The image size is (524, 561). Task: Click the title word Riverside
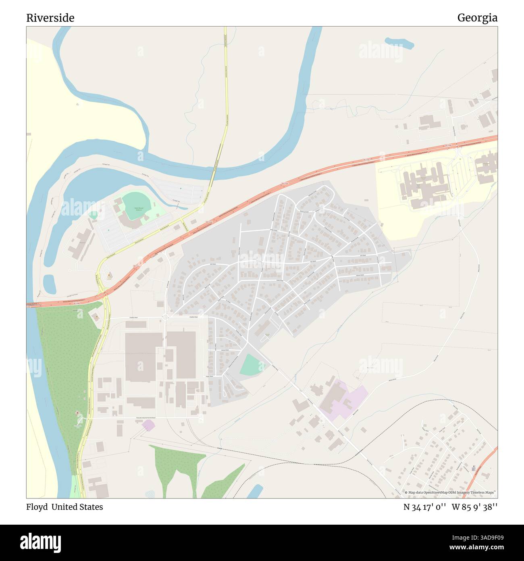pos(50,18)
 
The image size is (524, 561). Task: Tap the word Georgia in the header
pos(477,18)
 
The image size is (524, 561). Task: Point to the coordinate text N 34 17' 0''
pos(424,507)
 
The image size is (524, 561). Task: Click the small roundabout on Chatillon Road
pos(165,317)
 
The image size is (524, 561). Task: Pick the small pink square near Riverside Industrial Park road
pos(148,425)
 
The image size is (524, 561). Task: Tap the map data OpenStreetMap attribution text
pos(450,492)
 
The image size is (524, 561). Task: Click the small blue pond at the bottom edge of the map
pos(255,491)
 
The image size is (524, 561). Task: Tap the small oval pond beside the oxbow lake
pos(49,284)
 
